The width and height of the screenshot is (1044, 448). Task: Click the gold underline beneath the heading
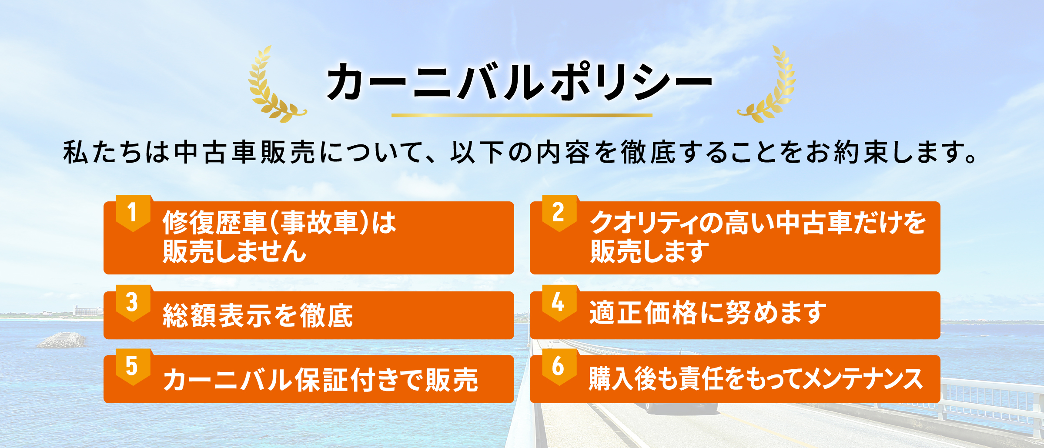tap(522, 115)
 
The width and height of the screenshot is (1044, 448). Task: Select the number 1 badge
tap(133, 213)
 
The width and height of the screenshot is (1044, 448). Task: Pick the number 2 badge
tap(559, 213)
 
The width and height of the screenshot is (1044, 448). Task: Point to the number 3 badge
tap(133, 303)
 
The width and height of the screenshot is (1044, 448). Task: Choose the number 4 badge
tap(559, 303)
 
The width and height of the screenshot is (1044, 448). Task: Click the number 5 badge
tap(133, 367)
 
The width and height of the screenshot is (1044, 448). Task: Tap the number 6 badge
tap(559, 367)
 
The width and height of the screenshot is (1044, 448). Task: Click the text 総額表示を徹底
tap(258, 315)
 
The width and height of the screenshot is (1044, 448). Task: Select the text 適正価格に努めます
tap(708, 312)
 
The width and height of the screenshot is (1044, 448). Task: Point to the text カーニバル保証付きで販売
tap(321, 380)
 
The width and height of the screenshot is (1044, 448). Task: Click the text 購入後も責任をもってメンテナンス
tap(756, 378)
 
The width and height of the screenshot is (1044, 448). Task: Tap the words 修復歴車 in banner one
tap(214, 223)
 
